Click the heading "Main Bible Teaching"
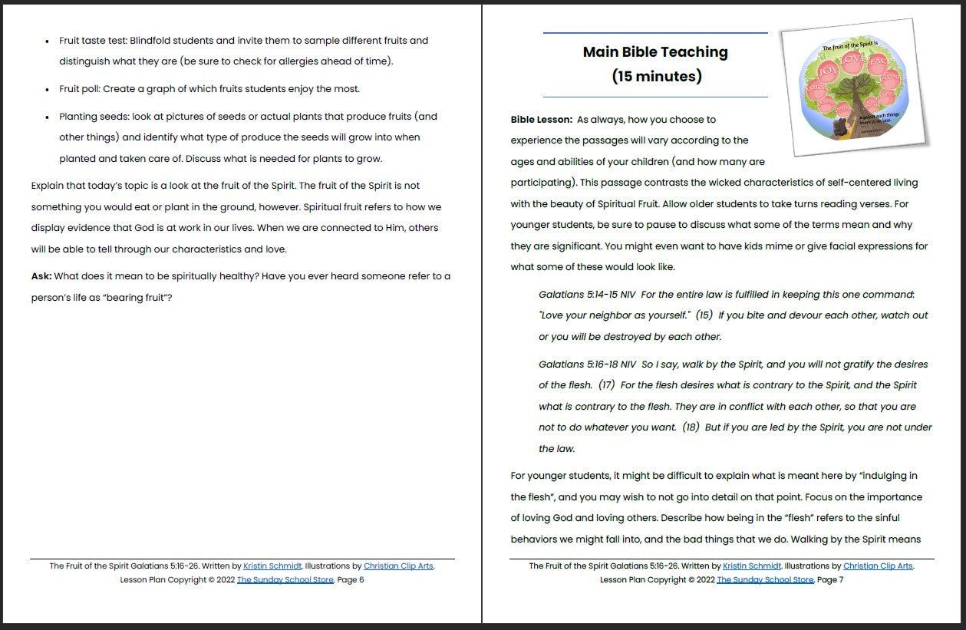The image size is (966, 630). [655, 52]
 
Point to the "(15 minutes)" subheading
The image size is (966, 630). [656, 76]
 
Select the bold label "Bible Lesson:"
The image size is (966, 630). [541, 120]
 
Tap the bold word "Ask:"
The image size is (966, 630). [41, 276]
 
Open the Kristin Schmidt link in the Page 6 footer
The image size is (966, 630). [272, 566]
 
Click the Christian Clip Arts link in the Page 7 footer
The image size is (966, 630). [878, 566]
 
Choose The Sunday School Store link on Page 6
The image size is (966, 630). [285, 580]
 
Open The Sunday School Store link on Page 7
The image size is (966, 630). [765, 580]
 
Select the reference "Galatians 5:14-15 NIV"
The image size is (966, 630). [587, 295]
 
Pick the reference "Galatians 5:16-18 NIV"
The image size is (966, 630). [587, 364]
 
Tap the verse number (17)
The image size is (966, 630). [606, 385]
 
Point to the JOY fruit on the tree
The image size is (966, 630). [827, 71]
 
